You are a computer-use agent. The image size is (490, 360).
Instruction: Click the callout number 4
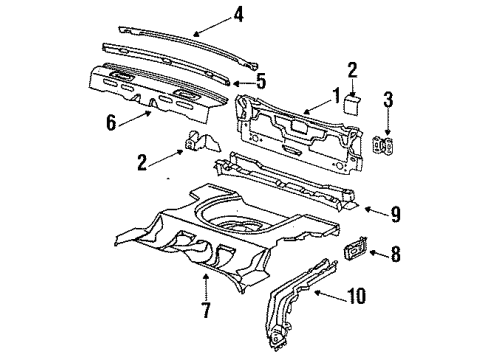pos(237,14)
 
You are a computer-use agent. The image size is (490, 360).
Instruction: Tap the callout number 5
pos(261,81)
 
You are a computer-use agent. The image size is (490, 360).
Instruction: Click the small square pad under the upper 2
pos(352,103)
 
